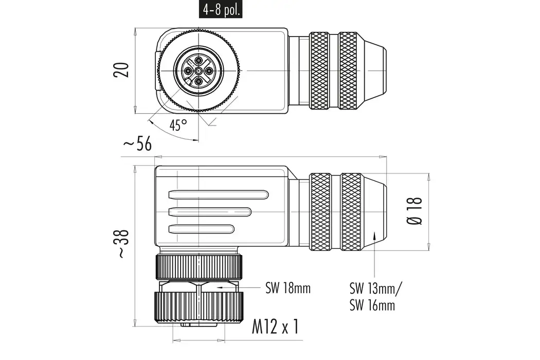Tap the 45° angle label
pos(178,125)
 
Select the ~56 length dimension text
pos(137,145)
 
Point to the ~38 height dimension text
pos(122,243)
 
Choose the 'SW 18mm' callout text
pos(288,288)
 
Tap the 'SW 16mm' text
pos(372,305)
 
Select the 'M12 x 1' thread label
pos(275,327)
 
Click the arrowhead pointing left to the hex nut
pos(220,288)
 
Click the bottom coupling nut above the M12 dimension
pos(199,307)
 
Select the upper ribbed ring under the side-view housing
pos(199,267)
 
